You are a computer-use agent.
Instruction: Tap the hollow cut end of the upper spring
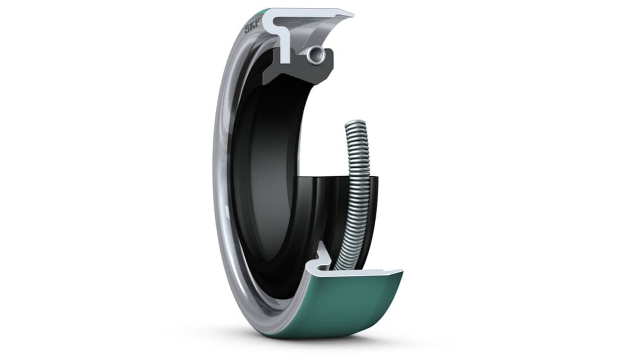click(316, 54)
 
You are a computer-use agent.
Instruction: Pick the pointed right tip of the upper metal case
click(353, 14)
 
